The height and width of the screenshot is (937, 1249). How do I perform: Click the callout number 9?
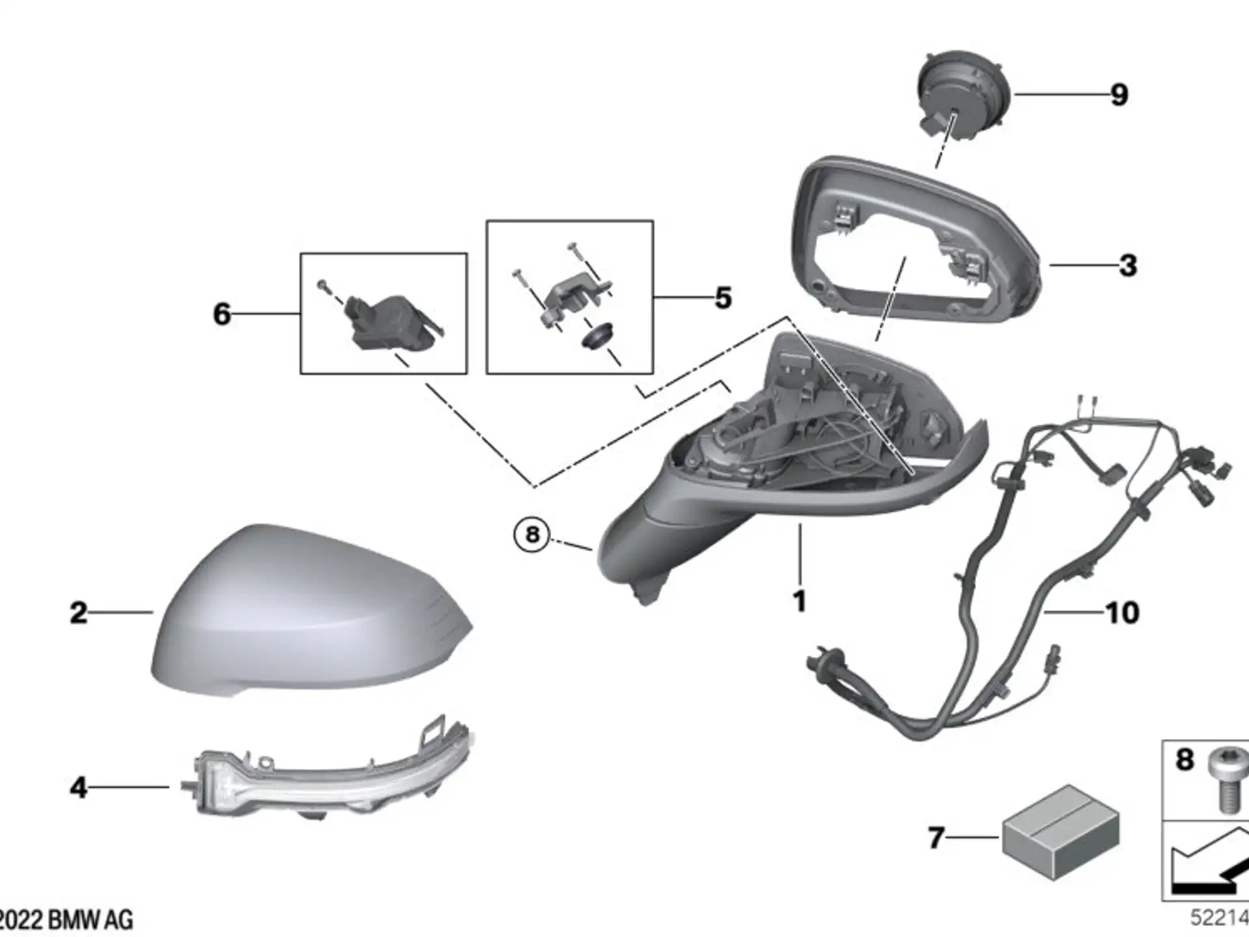(1119, 95)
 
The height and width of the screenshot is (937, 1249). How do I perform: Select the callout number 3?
(1128, 265)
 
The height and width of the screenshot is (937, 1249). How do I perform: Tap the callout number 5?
(723, 298)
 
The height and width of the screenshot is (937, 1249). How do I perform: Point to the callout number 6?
(222, 314)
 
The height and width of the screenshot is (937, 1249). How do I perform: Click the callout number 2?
(78, 613)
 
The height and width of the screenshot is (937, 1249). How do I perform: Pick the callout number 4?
(78, 787)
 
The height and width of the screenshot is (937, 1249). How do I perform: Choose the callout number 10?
(1123, 613)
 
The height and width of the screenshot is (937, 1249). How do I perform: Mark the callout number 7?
(935, 838)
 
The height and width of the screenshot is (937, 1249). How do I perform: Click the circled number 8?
(532, 535)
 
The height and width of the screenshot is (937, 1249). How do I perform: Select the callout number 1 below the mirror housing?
(799, 601)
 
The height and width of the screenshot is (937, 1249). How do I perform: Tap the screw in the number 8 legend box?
(1227, 780)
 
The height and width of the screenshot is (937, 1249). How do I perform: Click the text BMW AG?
(90, 920)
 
